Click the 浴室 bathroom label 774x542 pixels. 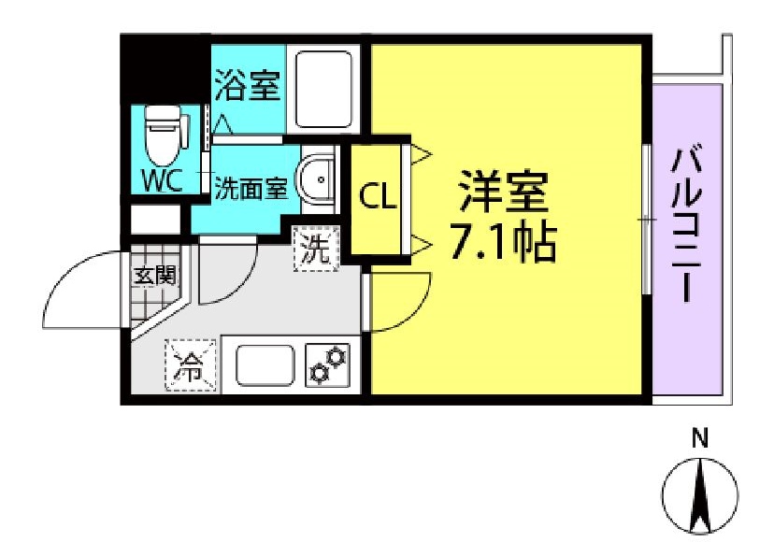pos(247,86)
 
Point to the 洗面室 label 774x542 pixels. pos(251,188)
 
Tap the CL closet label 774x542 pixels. pos(380,197)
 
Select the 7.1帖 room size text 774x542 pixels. pos(503,244)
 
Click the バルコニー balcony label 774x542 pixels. pos(687,224)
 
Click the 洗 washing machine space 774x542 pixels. pos(315,250)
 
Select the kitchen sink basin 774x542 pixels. pos(265,364)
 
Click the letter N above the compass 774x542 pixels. pos(698,437)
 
